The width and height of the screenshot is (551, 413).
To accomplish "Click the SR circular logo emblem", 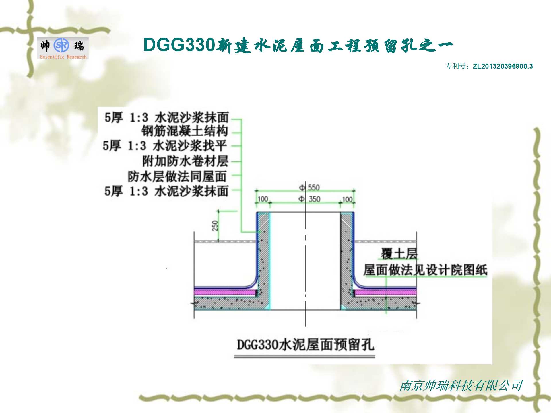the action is pyautogui.click(x=61, y=45).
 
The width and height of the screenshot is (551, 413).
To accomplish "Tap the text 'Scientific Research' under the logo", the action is pyautogui.click(x=63, y=57).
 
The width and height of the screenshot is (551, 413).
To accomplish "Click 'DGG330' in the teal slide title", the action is pyautogui.click(x=179, y=45).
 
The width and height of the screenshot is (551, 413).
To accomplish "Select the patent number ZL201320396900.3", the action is pyautogui.click(x=503, y=66).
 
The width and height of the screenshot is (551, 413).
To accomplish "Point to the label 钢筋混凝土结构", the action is pyautogui.click(x=185, y=131).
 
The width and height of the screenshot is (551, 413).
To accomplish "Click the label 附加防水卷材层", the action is pyautogui.click(x=185, y=161).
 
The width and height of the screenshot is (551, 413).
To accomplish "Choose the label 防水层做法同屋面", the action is pyautogui.click(x=177, y=176).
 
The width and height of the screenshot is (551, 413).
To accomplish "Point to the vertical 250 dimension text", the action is pyautogui.click(x=215, y=226).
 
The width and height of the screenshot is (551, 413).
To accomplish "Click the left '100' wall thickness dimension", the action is pyautogui.click(x=263, y=199).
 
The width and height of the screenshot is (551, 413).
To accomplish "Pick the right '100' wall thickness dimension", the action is pyautogui.click(x=347, y=199).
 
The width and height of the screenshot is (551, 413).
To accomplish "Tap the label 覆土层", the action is pyautogui.click(x=399, y=254).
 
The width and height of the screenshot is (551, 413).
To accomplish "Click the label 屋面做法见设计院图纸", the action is pyautogui.click(x=425, y=270).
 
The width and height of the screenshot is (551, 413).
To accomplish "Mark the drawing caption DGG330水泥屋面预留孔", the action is pyautogui.click(x=305, y=345).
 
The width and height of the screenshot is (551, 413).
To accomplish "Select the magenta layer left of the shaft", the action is pyautogui.click(x=225, y=293).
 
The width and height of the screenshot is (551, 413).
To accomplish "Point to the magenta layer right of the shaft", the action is pyautogui.click(x=385, y=293).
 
